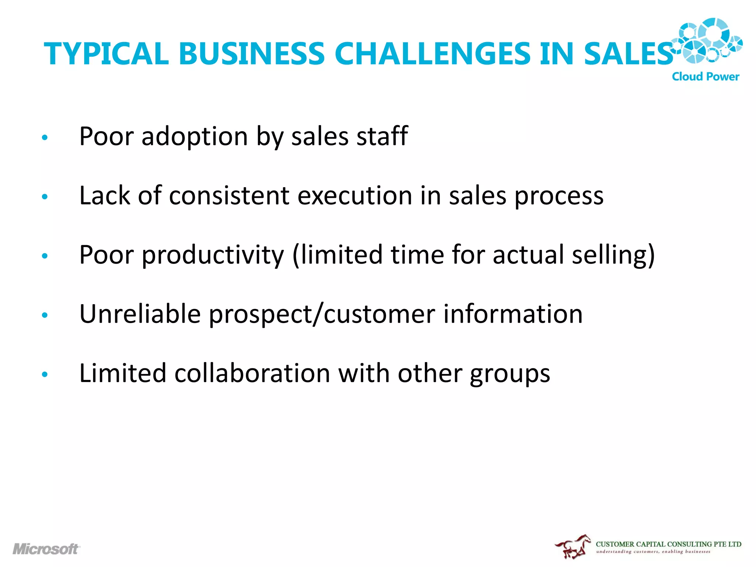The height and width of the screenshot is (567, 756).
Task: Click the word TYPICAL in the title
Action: (x=106, y=54)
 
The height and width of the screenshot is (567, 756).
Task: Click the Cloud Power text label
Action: (x=705, y=76)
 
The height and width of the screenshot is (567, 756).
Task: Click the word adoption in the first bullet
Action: (x=195, y=137)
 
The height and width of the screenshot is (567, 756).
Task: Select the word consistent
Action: (x=229, y=196)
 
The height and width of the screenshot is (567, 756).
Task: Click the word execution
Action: (x=354, y=196)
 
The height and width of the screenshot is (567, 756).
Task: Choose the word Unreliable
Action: (x=140, y=314)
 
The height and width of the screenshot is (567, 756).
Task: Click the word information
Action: (x=513, y=314)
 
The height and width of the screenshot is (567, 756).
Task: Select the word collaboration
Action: (x=252, y=373)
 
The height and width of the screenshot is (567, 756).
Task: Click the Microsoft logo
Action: (x=46, y=549)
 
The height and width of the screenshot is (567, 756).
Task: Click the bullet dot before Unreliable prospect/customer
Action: (x=45, y=315)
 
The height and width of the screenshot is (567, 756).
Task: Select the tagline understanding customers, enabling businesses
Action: (x=653, y=552)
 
